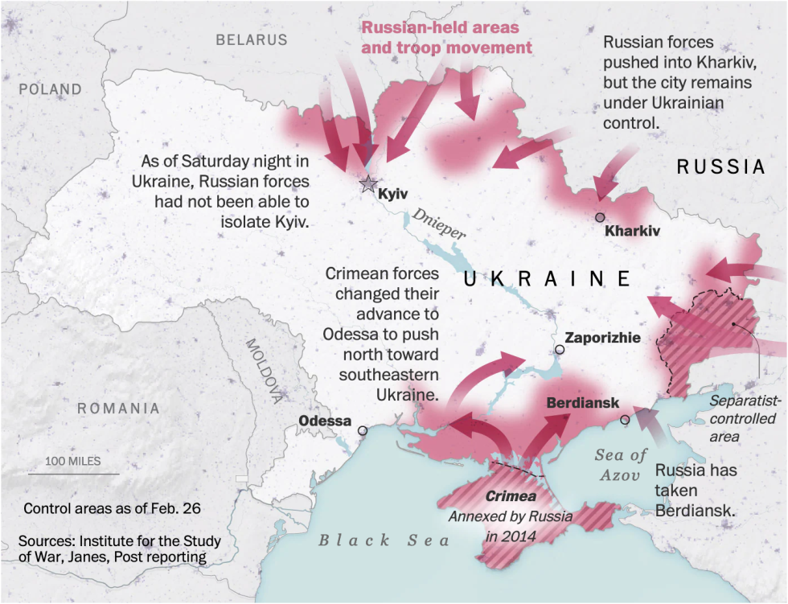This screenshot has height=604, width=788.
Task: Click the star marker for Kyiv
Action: tap(368, 184)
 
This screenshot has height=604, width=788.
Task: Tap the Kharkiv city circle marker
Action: tap(600, 217)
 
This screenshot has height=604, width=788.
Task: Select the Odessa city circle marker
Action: tap(363, 430)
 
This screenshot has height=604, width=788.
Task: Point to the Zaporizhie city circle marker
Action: tap(560, 350)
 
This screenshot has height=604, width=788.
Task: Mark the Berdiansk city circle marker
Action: tap(625, 419)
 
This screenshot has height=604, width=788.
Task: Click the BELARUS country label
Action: tap(251, 39)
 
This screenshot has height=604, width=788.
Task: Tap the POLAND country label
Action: tap(51, 89)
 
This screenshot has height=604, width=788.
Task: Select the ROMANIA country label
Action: tap(118, 409)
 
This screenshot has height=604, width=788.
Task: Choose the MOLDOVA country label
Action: tap(265, 371)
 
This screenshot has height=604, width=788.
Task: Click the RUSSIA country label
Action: tap(720, 167)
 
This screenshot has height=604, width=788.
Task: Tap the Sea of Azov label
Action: tap(621, 465)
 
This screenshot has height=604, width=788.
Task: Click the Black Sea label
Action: tap(384, 540)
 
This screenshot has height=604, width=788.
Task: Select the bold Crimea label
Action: tap(511, 496)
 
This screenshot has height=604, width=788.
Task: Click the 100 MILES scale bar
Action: tap(73, 473)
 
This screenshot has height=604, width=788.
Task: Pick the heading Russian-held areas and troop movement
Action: tap(446, 37)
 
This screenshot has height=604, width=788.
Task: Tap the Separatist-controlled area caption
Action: tap(742, 418)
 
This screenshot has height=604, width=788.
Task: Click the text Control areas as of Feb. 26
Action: tap(112, 508)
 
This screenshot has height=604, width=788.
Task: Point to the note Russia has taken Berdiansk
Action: tap(695, 490)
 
